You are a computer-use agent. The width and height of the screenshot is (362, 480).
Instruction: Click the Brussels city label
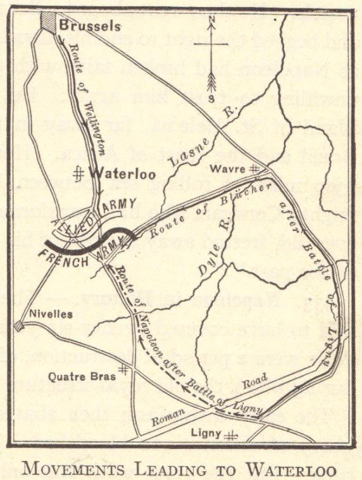pos(90,26)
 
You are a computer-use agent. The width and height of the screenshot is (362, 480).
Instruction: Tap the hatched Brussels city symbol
pos(49,21)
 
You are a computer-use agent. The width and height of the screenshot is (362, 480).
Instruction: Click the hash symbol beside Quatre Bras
pos(125,368)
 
